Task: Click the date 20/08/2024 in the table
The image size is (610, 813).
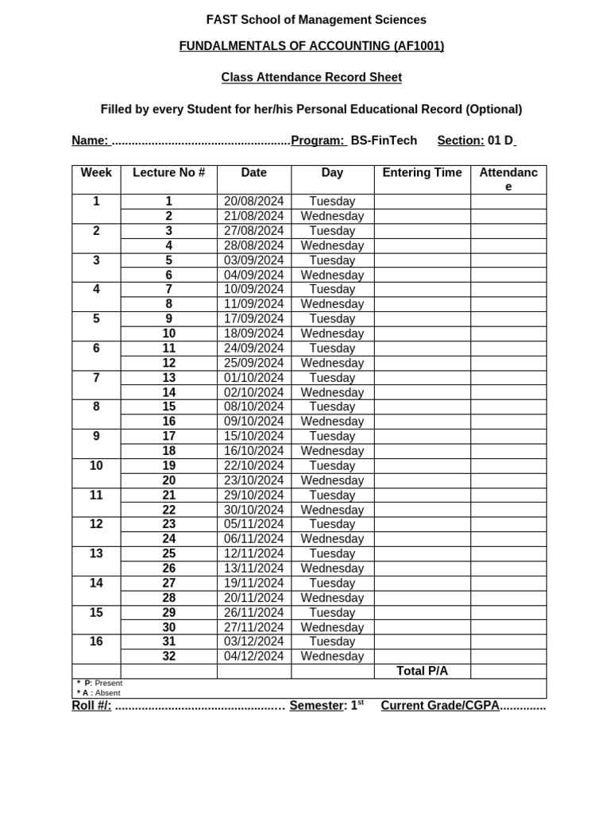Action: tap(253, 202)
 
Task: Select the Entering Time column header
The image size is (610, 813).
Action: tap(422, 173)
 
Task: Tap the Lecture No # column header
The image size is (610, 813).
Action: tap(168, 173)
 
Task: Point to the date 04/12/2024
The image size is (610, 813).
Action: tap(253, 657)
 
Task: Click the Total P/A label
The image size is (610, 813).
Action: tap(422, 672)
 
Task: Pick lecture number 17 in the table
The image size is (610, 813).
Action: tap(168, 437)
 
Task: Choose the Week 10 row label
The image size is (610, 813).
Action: tap(96, 466)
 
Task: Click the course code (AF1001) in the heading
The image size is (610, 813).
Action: tap(407, 46)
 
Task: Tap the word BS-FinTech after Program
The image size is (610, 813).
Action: tap(384, 141)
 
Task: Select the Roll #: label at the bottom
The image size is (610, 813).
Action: tap(91, 706)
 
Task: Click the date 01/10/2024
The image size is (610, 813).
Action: tap(253, 378)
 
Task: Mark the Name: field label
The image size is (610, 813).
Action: tap(90, 141)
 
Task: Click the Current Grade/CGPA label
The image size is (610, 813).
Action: tap(439, 706)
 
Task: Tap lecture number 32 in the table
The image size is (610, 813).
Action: tap(168, 657)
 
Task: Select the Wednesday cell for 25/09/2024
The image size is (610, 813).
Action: tap(332, 364)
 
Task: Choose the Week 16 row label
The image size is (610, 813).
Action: tap(96, 642)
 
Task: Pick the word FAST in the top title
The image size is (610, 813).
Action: tap(222, 20)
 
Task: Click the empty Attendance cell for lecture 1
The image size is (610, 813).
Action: tap(508, 202)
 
